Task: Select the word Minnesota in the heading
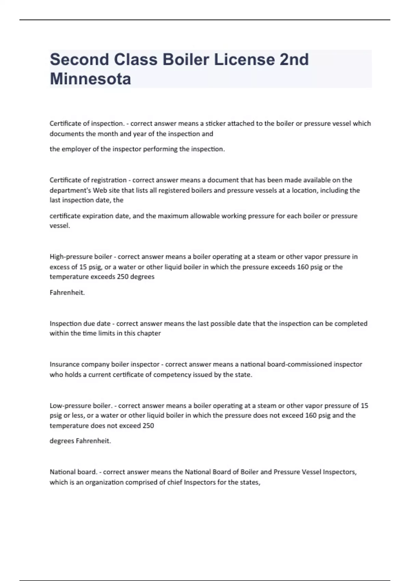pyautogui.click(x=90, y=79)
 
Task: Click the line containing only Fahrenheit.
pyautogui.click(x=67, y=293)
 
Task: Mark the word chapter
pyautogui.click(x=149, y=333)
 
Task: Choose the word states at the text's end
pyautogui.click(x=250, y=482)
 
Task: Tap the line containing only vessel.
pyautogui.click(x=59, y=226)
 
